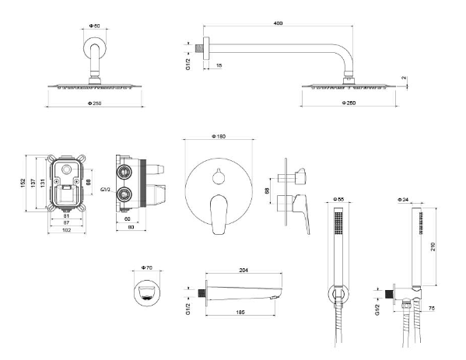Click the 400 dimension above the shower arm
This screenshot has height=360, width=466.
278,23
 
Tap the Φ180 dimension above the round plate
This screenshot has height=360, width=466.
219,136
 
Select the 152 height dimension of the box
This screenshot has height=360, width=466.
23,183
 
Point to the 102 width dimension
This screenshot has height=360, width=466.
67,230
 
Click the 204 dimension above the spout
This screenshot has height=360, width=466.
244,271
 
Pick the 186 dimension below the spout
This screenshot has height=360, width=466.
240,312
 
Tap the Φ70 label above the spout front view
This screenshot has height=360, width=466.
147,267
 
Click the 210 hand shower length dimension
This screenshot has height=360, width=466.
433,246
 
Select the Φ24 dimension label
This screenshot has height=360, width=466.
403,200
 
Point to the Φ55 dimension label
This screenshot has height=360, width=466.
338,199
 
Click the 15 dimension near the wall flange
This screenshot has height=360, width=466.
219,65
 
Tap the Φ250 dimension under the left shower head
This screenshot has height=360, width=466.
94,103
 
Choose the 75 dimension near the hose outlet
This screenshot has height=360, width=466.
432,309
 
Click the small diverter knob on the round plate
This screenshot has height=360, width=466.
219,178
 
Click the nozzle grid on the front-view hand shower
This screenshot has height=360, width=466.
338,223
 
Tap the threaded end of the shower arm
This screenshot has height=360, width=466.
199,49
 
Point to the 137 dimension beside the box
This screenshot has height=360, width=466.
33,183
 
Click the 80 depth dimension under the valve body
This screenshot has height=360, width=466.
131,227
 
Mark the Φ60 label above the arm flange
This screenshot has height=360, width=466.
94,26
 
